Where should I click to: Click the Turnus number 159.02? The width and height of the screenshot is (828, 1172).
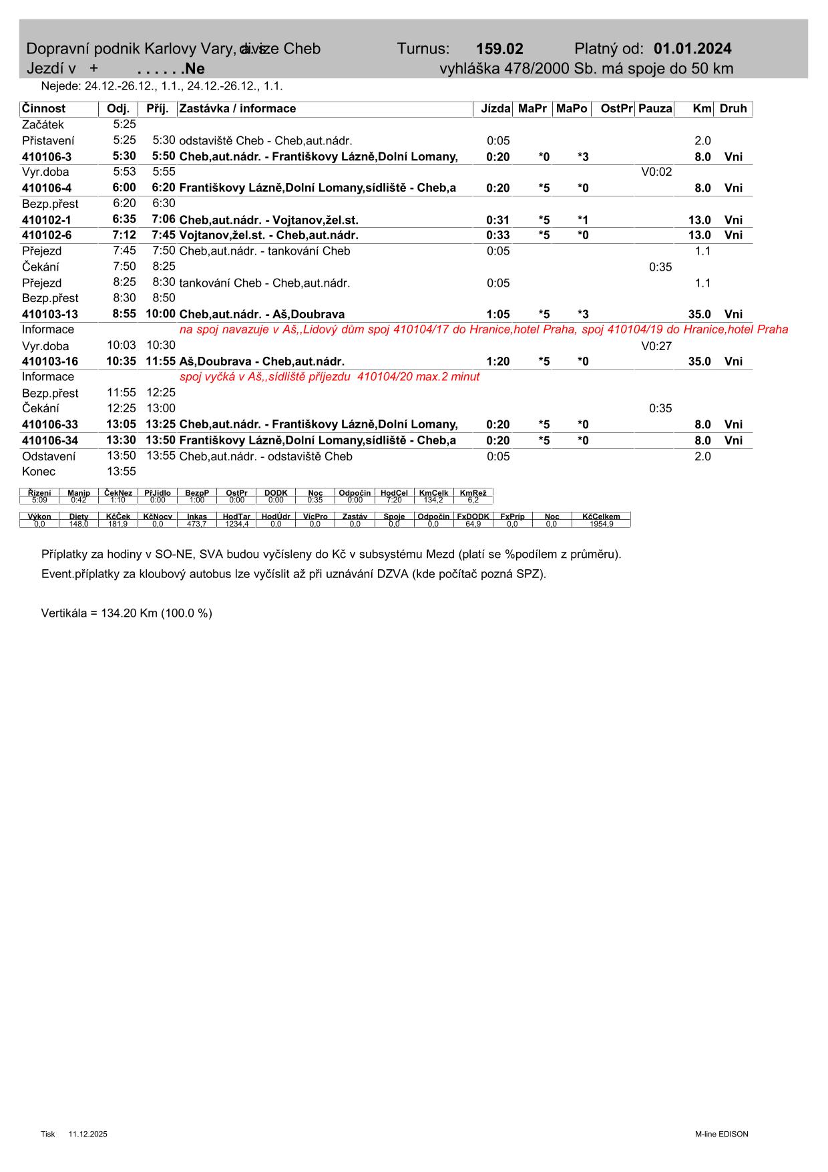click(x=499, y=49)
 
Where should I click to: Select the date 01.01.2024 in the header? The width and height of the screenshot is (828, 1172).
click(x=692, y=49)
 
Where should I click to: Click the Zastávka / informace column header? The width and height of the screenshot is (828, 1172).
click(x=238, y=109)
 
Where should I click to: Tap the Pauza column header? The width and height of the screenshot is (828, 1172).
click(x=655, y=109)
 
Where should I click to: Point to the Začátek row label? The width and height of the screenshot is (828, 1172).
click(x=43, y=125)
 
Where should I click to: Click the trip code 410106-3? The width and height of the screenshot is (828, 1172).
click(x=47, y=157)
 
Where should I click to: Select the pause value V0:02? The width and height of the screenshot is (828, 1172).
click(x=656, y=172)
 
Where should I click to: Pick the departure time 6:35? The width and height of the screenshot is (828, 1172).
click(x=124, y=219)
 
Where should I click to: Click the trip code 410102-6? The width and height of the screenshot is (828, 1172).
click(x=47, y=235)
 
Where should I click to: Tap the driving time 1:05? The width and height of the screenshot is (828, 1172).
click(x=498, y=314)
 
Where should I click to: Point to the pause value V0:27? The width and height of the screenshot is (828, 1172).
click(x=656, y=346)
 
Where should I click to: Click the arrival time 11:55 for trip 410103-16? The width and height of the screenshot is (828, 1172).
click(x=160, y=361)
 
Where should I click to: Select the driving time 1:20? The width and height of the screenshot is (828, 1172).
click(x=498, y=361)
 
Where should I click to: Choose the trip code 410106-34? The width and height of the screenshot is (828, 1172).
click(x=50, y=441)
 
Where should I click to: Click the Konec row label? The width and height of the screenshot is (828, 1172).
click(x=39, y=472)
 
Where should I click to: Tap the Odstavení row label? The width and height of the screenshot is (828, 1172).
click(x=49, y=456)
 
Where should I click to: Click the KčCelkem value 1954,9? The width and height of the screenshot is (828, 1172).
click(x=601, y=524)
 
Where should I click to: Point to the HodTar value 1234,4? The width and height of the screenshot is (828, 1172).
click(x=236, y=524)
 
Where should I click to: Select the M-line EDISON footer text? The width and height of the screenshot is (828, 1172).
click(x=721, y=1134)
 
